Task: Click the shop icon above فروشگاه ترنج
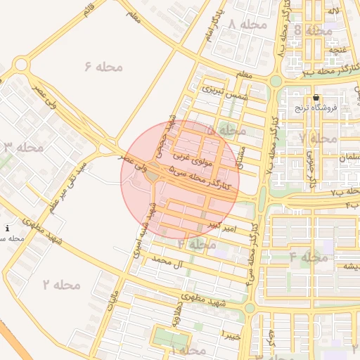point(316,98)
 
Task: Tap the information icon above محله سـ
point(7,229)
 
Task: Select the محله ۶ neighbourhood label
point(103,66)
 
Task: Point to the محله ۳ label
point(24,147)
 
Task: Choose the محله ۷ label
point(317,138)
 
